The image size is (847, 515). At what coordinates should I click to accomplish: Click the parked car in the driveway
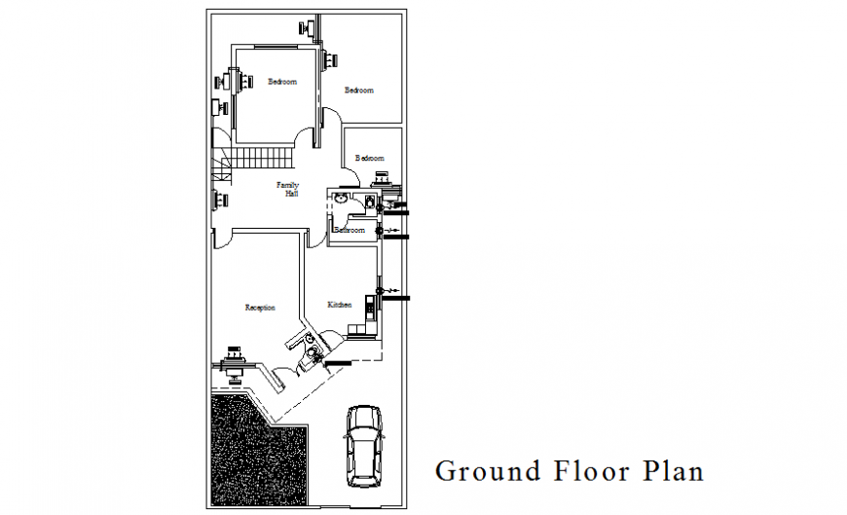(x=364, y=446)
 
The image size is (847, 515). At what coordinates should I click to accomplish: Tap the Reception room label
(x=260, y=308)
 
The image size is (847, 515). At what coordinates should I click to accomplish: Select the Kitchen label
(x=339, y=306)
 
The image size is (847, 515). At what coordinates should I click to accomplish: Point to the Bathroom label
(x=350, y=231)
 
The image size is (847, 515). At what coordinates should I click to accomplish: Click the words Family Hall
(x=288, y=189)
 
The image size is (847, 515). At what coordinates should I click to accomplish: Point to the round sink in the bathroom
(x=340, y=198)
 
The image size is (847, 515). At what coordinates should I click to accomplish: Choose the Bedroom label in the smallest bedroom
(x=370, y=158)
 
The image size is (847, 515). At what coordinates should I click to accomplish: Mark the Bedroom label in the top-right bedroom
(x=359, y=91)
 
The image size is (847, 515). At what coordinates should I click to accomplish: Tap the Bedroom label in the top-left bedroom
(x=282, y=82)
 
